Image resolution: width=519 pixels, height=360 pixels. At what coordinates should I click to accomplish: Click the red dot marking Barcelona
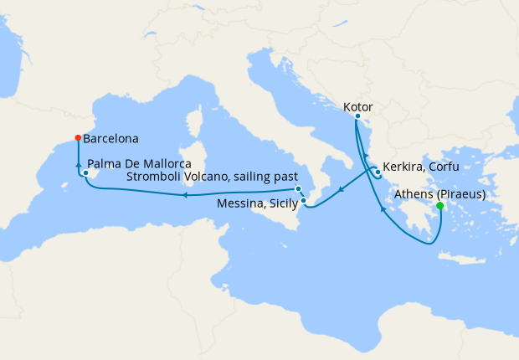[78, 138]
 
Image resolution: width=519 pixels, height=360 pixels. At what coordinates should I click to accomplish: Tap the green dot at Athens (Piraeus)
[440, 205]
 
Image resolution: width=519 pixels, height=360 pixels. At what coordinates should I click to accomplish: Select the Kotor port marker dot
[357, 116]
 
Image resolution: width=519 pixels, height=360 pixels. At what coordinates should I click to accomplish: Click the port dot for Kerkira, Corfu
[378, 173]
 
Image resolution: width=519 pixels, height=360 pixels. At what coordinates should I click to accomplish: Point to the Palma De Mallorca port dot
[85, 173]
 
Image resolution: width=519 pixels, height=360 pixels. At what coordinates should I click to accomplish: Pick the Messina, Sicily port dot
[304, 200]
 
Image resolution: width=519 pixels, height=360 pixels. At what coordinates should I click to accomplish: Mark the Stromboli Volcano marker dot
[298, 189]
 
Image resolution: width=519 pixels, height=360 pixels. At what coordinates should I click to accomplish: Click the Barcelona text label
[111, 138]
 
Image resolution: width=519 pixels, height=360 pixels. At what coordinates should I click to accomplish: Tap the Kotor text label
[358, 107]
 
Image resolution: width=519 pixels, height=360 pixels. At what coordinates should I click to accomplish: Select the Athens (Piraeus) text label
[439, 194]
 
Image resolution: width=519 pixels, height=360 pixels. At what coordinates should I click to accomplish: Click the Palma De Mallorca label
[139, 162]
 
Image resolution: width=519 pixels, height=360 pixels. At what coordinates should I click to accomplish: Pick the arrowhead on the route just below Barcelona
[78, 163]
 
